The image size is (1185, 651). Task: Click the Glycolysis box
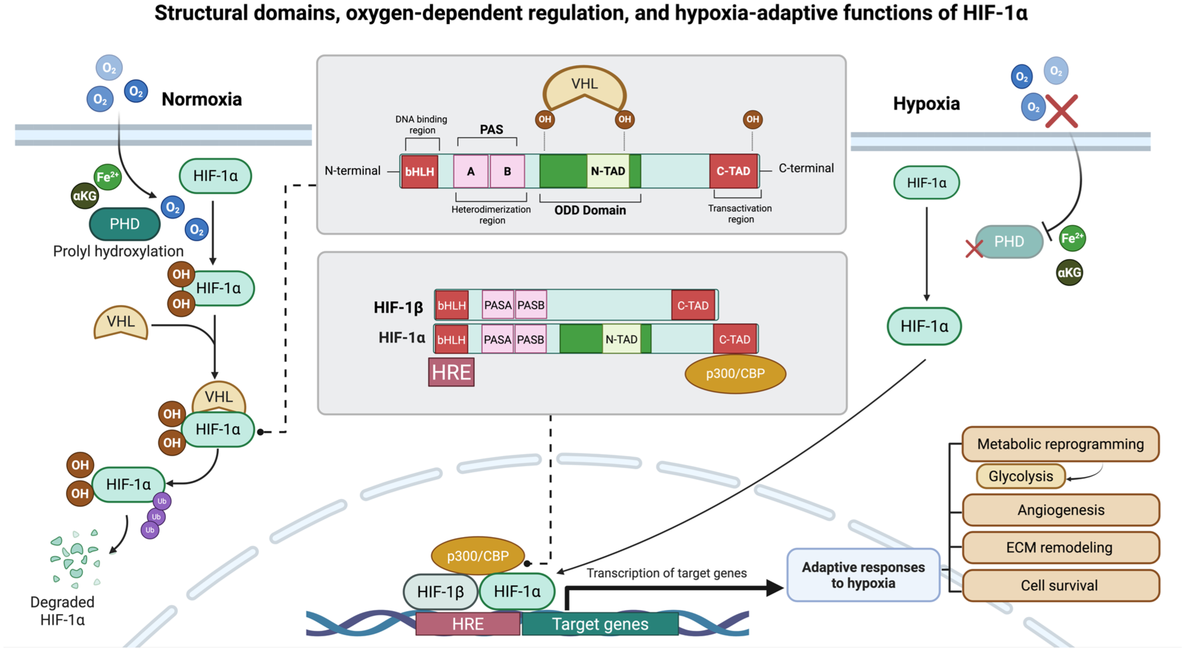point(1020,476)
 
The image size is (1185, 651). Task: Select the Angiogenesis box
point(1060,510)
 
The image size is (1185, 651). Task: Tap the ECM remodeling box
point(1060,547)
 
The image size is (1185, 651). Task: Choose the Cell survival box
point(1060,585)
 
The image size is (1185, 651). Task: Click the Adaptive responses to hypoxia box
point(863,575)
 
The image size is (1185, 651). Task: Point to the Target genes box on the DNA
point(600,624)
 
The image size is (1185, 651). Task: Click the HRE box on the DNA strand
point(468,624)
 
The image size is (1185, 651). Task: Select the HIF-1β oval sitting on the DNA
point(440,592)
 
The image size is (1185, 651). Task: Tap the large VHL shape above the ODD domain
point(584,88)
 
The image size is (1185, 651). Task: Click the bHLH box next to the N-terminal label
point(419,171)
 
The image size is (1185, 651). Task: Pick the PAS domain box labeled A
point(471,171)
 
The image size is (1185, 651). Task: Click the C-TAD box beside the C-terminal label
point(733,171)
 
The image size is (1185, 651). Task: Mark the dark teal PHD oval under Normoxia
point(125,224)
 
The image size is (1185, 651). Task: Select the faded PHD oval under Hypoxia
point(1009,242)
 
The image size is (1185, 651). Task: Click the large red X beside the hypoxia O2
point(1061,111)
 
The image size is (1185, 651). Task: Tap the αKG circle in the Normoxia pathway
point(85,196)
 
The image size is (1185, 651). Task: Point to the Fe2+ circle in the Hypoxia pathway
point(1072,239)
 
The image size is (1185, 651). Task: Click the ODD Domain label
point(590,210)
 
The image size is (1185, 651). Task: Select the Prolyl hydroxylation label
point(118,251)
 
